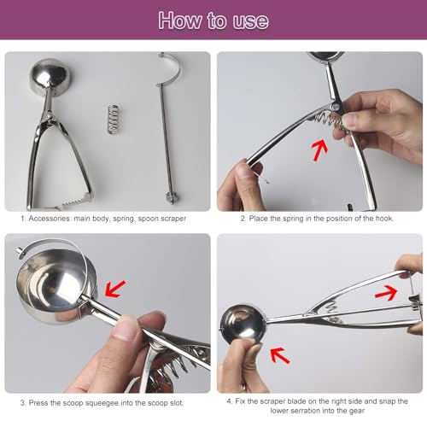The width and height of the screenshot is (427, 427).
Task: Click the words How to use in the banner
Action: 213,20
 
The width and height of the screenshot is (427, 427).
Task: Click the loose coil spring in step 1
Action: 113,119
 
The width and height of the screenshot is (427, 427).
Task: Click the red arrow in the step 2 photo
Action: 319,150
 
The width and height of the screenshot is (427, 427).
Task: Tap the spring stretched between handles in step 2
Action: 330,120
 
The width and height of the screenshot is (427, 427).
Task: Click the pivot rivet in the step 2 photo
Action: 336,107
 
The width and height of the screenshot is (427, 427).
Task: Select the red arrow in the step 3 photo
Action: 114,289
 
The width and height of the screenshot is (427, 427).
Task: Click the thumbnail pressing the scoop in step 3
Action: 123,330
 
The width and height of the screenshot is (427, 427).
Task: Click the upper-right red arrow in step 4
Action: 386,293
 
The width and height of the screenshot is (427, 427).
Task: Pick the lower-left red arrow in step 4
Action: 280,355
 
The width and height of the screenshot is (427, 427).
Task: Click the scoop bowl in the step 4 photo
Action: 243,324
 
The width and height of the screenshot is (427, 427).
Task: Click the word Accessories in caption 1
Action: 50,219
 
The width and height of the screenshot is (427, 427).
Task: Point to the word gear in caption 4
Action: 358,411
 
